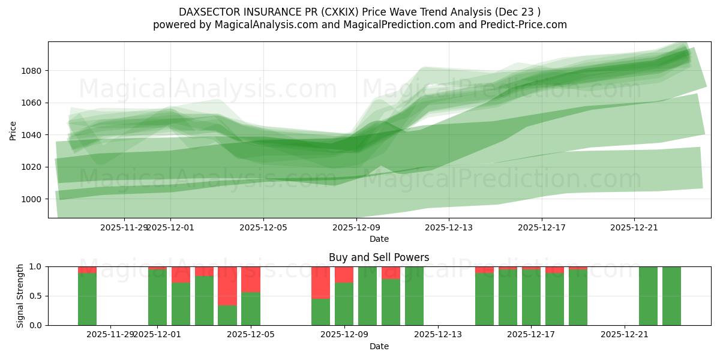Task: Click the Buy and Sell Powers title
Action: coord(379,257)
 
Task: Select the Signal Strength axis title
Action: coord(20,296)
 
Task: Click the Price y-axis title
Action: coord(13,130)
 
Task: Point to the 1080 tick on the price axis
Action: coord(31,71)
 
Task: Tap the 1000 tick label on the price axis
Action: coord(31,199)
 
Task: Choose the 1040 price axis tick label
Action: coord(31,135)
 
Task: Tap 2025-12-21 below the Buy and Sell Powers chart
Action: coord(625,335)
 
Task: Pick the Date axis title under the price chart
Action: coord(379,239)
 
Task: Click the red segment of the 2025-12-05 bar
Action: coord(250,280)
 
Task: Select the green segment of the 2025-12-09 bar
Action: coord(344,304)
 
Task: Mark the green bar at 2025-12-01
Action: coord(157,298)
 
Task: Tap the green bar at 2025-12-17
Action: coord(531,298)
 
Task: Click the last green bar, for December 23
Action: coord(671,296)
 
